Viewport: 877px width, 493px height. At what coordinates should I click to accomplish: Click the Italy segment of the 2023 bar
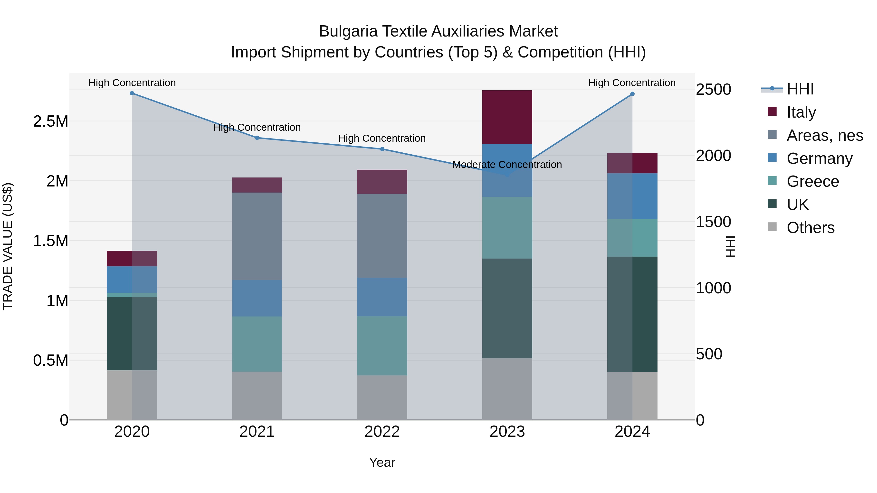pos(507,117)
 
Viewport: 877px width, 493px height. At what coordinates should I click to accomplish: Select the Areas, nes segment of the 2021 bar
pos(257,236)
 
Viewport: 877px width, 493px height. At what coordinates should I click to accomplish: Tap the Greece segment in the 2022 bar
pos(382,346)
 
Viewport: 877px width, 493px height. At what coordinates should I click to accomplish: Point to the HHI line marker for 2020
pos(132,93)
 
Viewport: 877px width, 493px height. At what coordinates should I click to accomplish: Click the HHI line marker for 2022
pos(382,149)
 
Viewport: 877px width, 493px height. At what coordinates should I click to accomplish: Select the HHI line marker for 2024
pos(632,94)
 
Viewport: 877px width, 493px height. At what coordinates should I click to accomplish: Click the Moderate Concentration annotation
pos(507,165)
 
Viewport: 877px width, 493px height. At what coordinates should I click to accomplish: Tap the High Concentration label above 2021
pos(257,128)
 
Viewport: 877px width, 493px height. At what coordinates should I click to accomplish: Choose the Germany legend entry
pos(819,158)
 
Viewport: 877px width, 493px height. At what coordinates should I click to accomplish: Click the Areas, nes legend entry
pos(825,135)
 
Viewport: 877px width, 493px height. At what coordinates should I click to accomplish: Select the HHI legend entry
pos(800,89)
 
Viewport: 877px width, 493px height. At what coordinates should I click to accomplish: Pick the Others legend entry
pos(810,228)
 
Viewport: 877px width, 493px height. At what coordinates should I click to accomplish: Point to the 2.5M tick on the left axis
pos(51,121)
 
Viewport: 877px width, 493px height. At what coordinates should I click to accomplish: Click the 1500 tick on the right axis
pos(713,222)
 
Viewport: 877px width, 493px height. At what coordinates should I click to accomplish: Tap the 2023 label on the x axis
pos(507,432)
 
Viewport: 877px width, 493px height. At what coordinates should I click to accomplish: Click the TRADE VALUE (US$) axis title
pos(8,246)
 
